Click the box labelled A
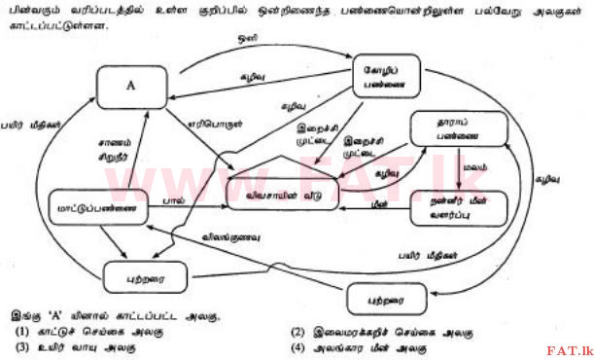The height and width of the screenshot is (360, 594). (129, 86)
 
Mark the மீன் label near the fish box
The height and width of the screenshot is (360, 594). (382, 204)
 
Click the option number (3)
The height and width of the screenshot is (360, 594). (20, 347)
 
